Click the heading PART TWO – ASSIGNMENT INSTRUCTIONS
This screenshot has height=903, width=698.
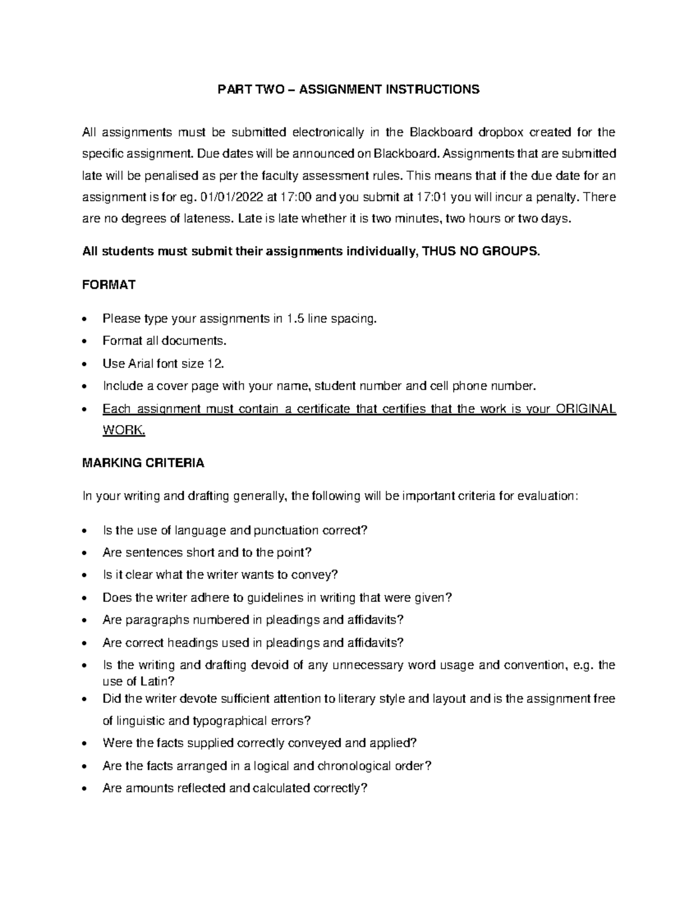pos(348,90)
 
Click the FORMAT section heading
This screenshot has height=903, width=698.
pos(109,285)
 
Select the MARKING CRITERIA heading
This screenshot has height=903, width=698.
pos(143,463)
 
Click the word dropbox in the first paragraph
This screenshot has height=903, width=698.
pos(501,133)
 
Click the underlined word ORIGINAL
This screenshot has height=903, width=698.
pos(586,409)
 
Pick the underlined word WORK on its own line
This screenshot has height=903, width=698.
pos(122,431)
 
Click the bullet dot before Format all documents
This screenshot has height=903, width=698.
pos(86,342)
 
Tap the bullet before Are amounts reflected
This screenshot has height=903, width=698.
pos(86,790)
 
